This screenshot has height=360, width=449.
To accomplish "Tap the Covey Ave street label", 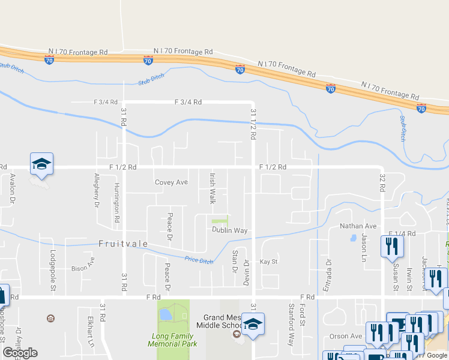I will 171,182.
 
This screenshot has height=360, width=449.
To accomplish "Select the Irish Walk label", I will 212,188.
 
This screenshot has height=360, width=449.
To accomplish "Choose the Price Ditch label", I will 199,260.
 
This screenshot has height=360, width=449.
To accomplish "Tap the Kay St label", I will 268,262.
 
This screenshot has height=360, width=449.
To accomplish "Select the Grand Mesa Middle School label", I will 222,322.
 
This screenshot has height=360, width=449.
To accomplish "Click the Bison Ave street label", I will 83,265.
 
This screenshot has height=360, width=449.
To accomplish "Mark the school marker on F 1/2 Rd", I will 42,164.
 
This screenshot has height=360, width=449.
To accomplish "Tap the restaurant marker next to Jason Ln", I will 392,246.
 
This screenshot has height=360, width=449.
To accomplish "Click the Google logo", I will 20,353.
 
